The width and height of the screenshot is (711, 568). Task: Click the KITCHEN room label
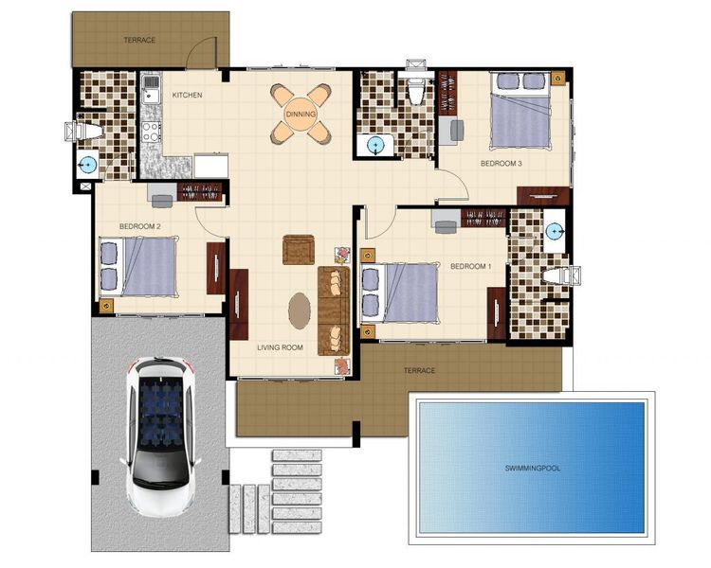187,95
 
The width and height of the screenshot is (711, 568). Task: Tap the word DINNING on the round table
301,115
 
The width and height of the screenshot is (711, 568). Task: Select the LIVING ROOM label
280,347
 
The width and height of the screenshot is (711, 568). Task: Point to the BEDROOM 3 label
501,164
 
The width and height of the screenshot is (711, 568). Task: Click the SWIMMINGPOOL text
533,468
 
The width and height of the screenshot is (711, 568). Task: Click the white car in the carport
160,436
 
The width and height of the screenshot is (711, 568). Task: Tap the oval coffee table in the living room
300,311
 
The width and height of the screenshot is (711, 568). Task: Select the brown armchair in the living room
299,250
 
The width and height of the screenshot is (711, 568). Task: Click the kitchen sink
151,89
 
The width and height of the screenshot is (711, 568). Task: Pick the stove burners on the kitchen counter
151,132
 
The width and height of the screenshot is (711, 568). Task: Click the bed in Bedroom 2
137,267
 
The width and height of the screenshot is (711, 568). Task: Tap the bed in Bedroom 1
400,293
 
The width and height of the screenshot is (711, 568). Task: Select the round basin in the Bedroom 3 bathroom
375,146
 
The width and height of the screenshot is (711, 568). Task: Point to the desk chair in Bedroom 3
457,130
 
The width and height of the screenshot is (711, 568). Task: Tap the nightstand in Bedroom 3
558,79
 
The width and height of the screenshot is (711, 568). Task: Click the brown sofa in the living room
335,311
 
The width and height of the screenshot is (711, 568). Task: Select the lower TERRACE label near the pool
419,370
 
